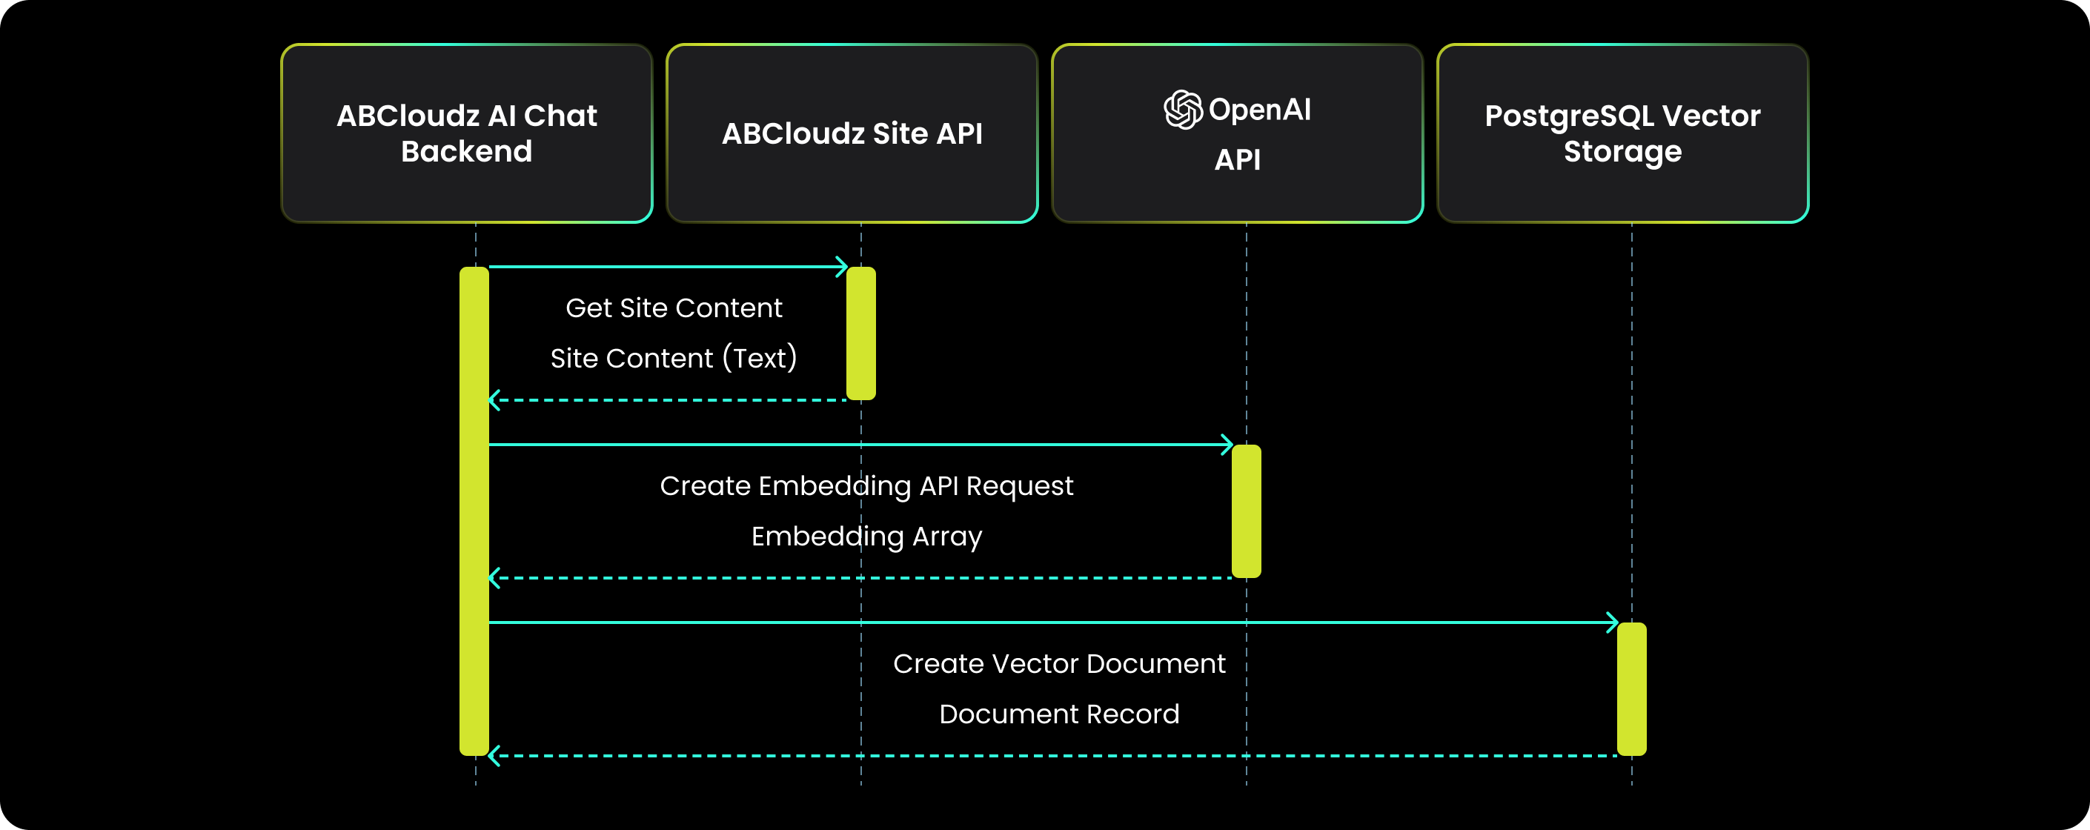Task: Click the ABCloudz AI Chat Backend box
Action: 466,134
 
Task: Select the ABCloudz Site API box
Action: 852,134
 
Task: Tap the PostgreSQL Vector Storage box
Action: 1622,134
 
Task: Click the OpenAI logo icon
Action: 1183,110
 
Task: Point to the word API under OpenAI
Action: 1237,160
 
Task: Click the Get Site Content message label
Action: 674,308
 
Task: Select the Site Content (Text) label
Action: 674,358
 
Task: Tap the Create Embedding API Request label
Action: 866,486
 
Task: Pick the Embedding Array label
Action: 866,537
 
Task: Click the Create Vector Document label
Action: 1059,664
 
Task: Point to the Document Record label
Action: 1059,714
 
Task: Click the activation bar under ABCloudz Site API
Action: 860,333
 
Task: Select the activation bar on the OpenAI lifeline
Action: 1246,511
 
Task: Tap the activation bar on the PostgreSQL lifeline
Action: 1631,689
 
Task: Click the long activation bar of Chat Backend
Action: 474,511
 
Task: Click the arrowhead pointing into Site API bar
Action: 842,267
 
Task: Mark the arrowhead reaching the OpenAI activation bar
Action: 1227,445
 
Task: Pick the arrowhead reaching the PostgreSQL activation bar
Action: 1613,622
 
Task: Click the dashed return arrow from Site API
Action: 666,400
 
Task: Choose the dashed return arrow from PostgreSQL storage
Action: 1055,755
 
